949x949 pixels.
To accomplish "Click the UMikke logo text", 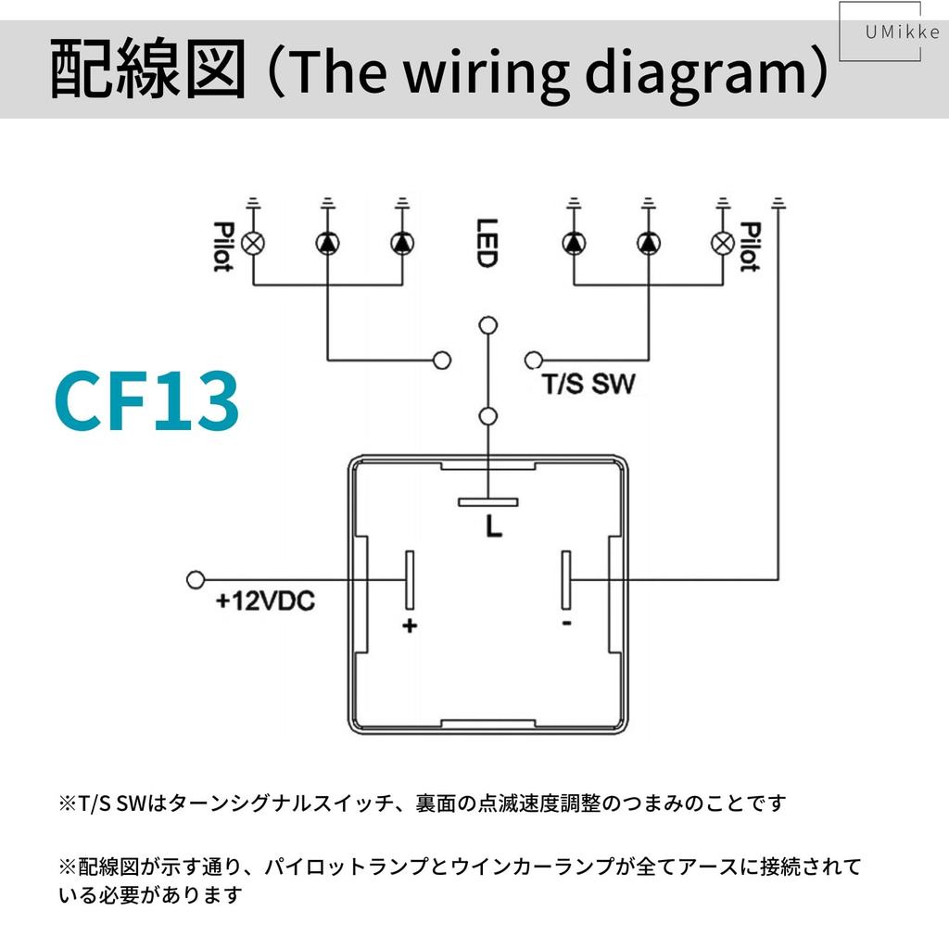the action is [902, 32].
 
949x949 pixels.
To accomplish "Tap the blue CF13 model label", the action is [146, 400].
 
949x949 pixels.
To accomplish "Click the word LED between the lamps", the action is [487, 243].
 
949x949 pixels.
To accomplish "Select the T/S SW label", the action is [588, 384].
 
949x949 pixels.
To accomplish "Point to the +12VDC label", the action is [265, 601].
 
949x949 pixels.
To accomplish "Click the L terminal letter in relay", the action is [494, 526].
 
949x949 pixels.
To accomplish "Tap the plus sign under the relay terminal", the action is [410, 626].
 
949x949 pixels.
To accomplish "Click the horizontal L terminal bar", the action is [487, 501].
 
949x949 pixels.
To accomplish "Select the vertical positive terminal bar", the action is [410, 580].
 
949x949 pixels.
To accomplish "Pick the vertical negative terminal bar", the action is [566, 580].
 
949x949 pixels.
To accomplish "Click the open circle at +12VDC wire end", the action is [196, 579].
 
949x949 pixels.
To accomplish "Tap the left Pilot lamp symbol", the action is [253, 244].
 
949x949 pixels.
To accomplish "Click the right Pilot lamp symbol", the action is [723, 244].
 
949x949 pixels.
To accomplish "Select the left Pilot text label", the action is [222, 247].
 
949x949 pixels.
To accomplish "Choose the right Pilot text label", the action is [751, 247].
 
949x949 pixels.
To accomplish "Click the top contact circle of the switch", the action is [487, 325].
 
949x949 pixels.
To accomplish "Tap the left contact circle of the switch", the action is [442, 361].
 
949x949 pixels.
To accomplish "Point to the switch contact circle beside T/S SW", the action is [533, 361].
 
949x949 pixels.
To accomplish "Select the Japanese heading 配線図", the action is [147, 69].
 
